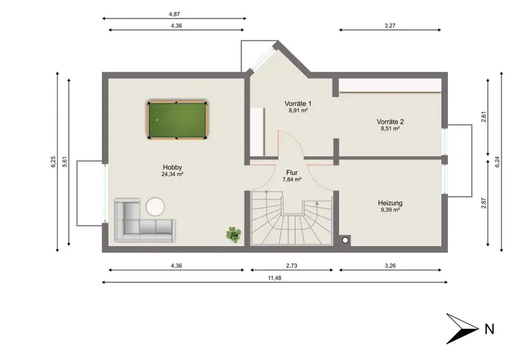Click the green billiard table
click(x=178, y=120)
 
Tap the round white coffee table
click(x=155, y=207)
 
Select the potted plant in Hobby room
click(x=234, y=234)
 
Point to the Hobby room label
click(x=172, y=167)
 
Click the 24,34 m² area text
click(x=172, y=174)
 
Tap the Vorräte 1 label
click(x=298, y=104)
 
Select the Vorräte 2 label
click(x=390, y=122)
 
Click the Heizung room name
click(x=390, y=203)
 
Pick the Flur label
click(x=292, y=173)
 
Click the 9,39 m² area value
click(x=390, y=210)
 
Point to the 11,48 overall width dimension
click(x=275, y=278)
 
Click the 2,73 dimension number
click(x=291, y=266)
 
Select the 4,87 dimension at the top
click(x=174, y=14)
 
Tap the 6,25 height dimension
click(x=53, y=162)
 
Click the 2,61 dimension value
click(x=484, y=117)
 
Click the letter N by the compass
click(x=489, y=329)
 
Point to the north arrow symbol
click(x=463, y=328)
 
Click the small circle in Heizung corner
click(x=345, y=240)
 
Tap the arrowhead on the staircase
click(x=317, y=203)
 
